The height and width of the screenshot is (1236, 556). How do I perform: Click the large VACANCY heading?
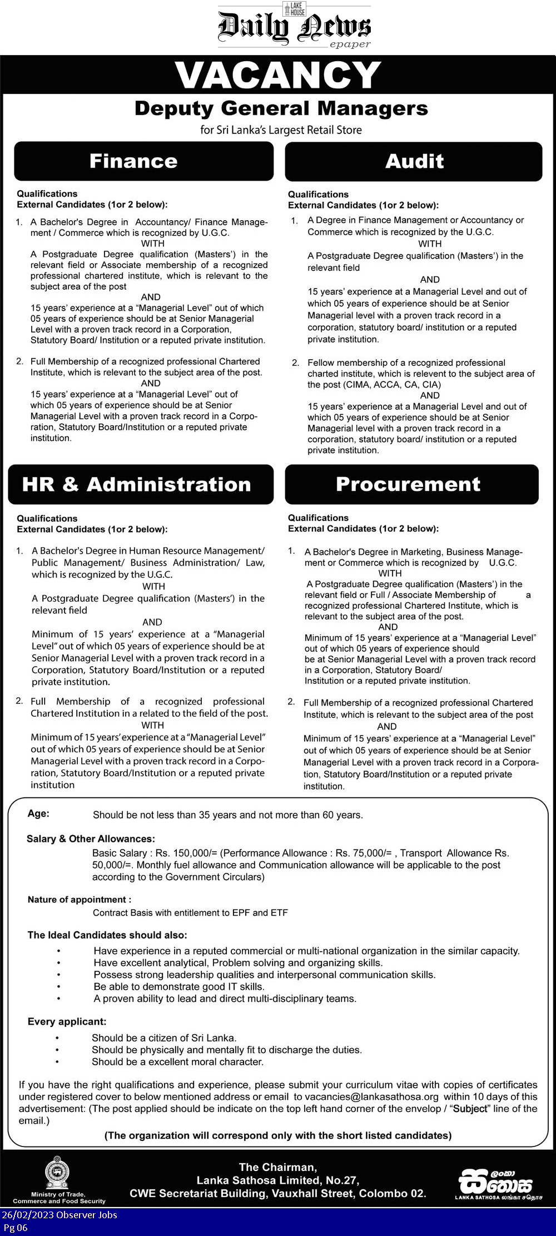pyautogui.click(x=278, y=76)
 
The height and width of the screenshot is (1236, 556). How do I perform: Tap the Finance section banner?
pyautogui.click(x=133, y=161)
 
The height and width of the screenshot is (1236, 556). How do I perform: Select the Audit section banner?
pyautogui.click(x=414, y=161)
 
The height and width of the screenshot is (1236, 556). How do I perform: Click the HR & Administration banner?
pyautogui.click(x=137, y=484)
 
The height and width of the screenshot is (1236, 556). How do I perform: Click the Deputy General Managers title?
pyautogui.click(x=281, y=108)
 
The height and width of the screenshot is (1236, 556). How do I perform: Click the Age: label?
pyautogui.click(x=38, y=813)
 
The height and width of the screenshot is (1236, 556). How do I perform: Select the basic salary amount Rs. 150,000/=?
pyautogui.click(x=186, y=853)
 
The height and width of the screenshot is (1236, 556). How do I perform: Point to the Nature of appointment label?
pyautogui.click(x=80, y=900)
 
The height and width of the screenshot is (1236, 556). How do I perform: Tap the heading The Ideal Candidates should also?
pyautogui.click(x=107, y=935)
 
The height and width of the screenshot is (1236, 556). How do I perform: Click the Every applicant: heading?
pyautogui.click(x=67, y=1021)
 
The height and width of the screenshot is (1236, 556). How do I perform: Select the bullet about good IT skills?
pyautogui.click(x=178, y=986)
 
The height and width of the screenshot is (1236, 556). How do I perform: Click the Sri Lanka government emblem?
pyautogui.click(x=57, y=1172)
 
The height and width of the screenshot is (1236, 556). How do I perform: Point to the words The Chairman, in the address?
pyautogui.click(x=277, y=1167)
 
